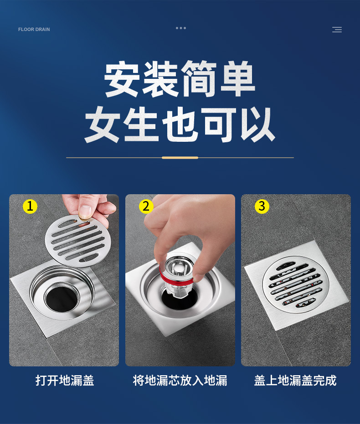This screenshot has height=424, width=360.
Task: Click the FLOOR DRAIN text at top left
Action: (34, 30)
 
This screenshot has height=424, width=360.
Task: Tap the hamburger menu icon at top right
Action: (337, 30)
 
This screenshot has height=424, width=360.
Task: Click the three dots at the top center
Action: (181, 28)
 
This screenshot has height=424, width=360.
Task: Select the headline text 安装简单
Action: (180, 80)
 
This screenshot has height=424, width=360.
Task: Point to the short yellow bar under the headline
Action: (180, 158)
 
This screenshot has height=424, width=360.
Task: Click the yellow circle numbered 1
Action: (30, 207)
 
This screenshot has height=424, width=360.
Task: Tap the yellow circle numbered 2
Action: (146, 207)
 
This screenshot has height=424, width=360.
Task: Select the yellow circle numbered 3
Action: (262, 207)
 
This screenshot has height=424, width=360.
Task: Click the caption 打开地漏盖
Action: (65, 381)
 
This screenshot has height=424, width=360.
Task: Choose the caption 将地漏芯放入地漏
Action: (180, 381)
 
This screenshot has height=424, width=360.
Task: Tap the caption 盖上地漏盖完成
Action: (295, 381)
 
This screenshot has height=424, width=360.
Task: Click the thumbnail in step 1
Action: (85, 212)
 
